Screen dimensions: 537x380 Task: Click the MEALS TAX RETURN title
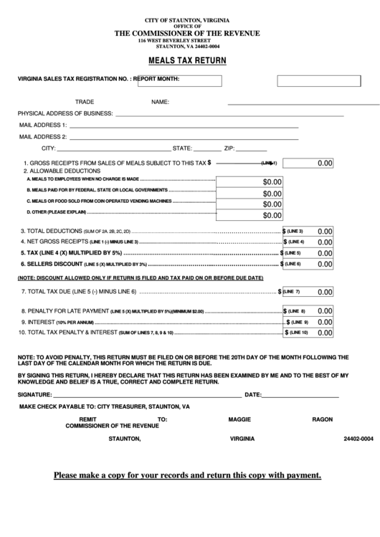(189, 61)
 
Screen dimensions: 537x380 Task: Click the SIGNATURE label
(35, 394)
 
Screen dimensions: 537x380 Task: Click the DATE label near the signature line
(252, 394)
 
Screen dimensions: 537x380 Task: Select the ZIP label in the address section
(230, 148)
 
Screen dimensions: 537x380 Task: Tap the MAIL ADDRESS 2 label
(43, 136)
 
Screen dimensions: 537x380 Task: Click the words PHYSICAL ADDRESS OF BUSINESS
(65, 113)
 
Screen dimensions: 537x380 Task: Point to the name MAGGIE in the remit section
(239, 419)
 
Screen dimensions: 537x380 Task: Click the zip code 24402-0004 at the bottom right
(358, 438)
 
